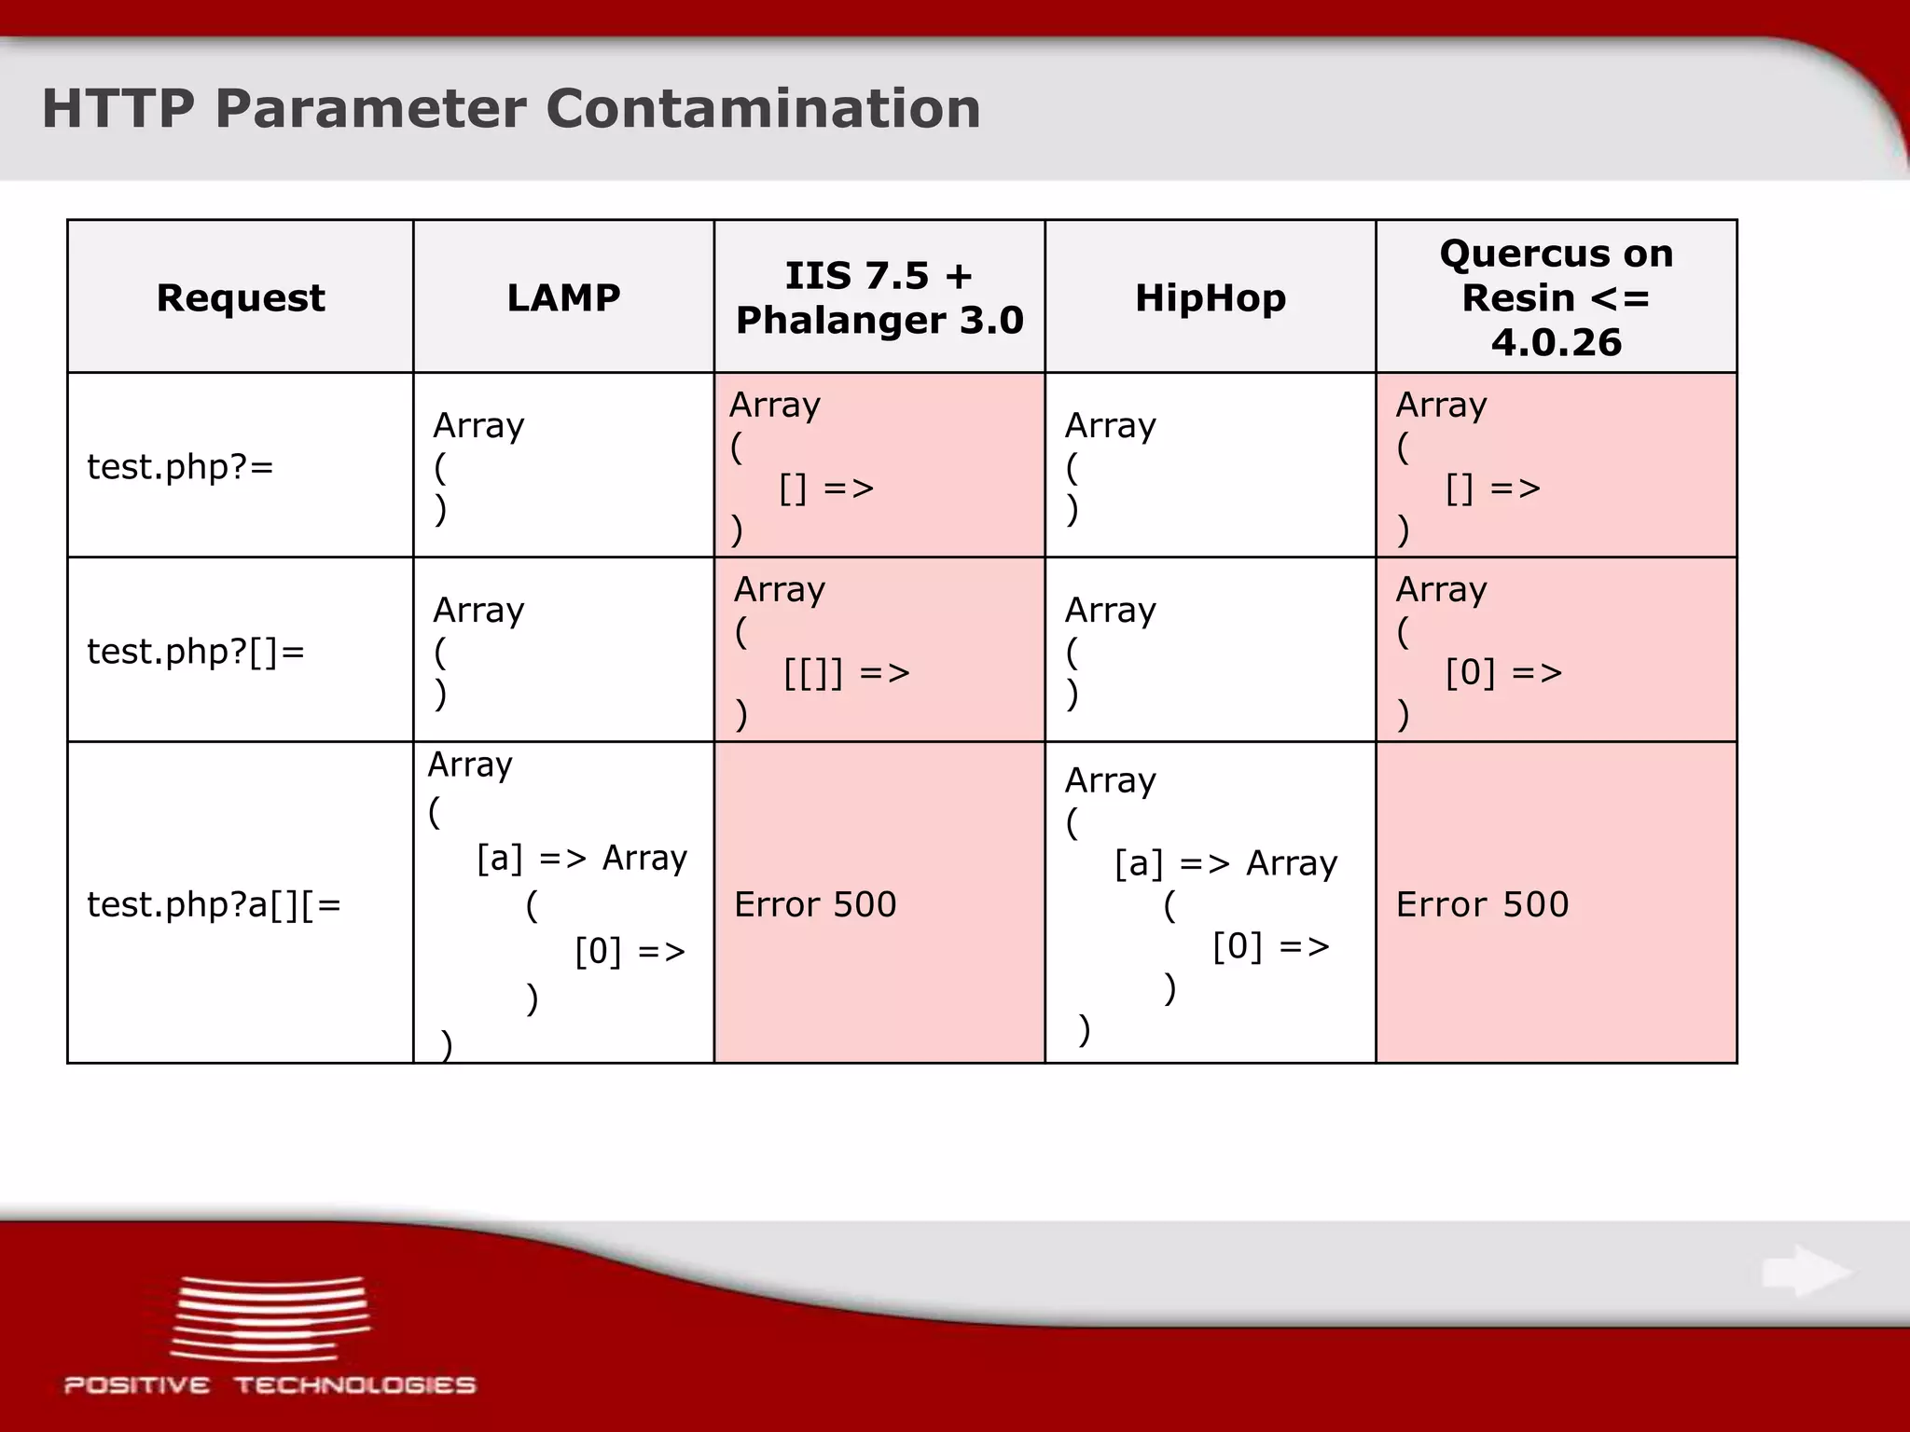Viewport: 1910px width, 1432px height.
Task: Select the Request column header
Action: pyautogui.click(x=241, y=297)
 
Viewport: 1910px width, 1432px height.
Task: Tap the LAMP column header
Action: pyautogui.click(x=563, y=297)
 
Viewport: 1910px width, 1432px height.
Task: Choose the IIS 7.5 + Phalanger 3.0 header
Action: pyautogui.click(x=879, y=297)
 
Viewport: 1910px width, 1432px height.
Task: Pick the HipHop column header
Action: pyautogui.click(x=1210, y=297)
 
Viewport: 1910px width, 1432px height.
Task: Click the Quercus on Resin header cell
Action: pyautogui.click(x=1556, y=297)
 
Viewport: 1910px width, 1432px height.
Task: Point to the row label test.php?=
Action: pyautogui.click(x=180, y=466)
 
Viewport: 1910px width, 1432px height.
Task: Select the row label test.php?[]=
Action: pyautogui.click(x=196, y=651)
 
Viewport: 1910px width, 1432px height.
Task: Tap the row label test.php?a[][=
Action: pyautogui.click(x=214, y=903)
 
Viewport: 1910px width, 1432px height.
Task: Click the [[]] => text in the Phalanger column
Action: pyautogui.click(x=846, y=672)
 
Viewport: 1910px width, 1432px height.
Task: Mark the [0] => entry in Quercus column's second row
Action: pyautogui.click(x=1502, y=672)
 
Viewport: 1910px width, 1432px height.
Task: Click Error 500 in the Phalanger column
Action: pyautogui.click(x=814, y=903)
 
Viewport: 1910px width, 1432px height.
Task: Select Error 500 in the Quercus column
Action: pyautogui.click(x=1482, y=903)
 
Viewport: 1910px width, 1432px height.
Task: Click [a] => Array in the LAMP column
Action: pyautogui.click(x=581, y=857)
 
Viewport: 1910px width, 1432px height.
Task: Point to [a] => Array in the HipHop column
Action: pyautogui.click(x=1225, y=863)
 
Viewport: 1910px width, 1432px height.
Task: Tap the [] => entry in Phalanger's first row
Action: pyautogui.click(x=825, y=488)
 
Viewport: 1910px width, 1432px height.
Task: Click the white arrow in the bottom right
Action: pyautogui.click(x=1806, y=1271)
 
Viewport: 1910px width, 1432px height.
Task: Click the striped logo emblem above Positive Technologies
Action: pyautogui.click(x=270, y=1318)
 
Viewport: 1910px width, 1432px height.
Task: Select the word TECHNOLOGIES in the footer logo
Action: pyautogui.click(x=354, y=1385)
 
